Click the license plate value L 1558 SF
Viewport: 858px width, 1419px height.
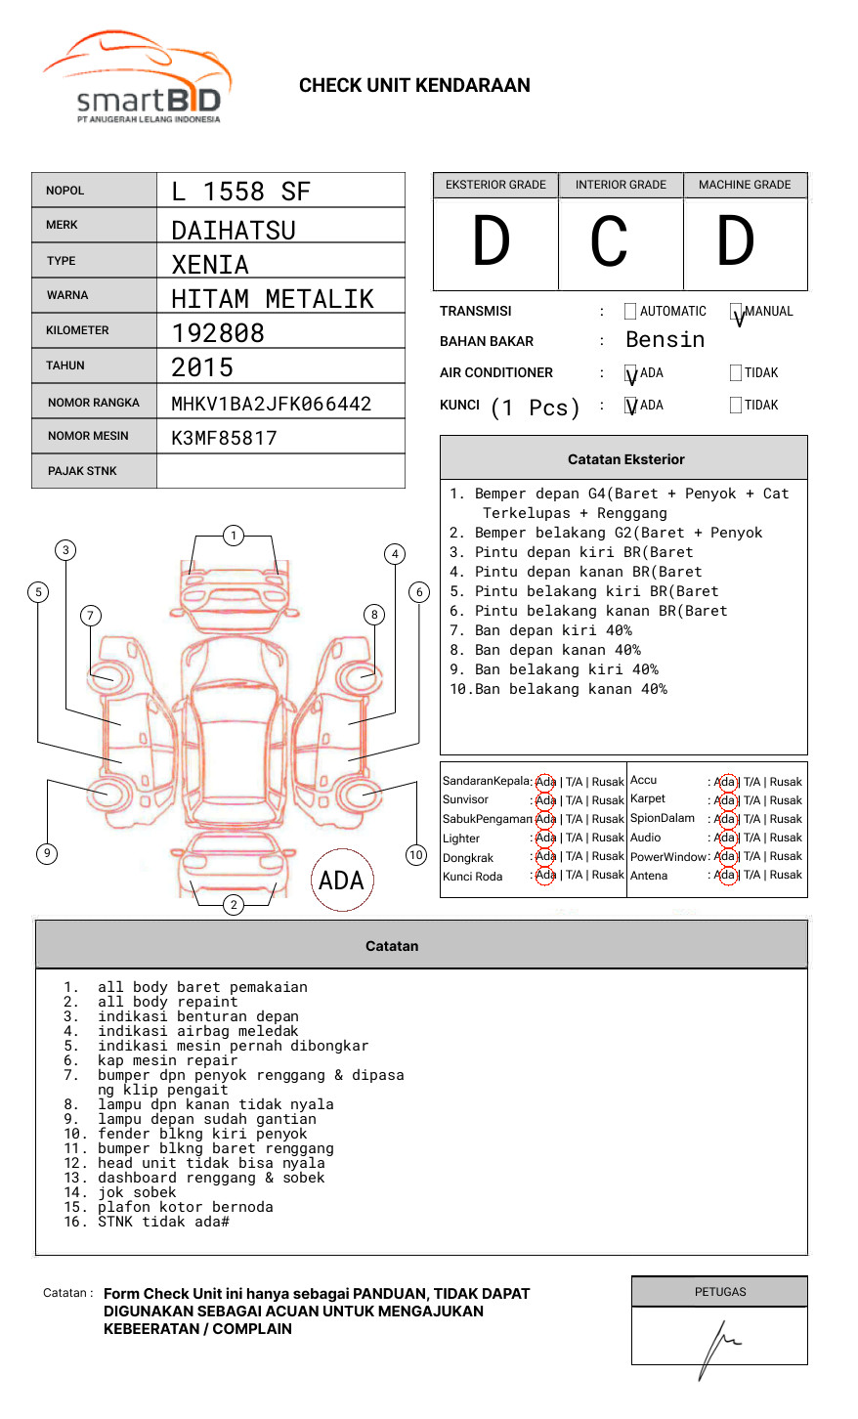point(240,192)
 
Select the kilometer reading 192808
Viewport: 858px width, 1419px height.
point(218,333)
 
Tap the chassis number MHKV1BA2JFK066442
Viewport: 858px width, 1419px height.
point(271,404)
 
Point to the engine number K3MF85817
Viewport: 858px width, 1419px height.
point(224,438)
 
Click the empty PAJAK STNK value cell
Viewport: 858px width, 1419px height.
point(280,471)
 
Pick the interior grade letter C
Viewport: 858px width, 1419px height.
point(609,241)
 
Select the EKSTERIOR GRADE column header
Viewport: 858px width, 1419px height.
point(495,185)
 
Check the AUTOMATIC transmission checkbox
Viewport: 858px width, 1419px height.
point(630,312)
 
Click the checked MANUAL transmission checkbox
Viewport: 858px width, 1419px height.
point(736,312)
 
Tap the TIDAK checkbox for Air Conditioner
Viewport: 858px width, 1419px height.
point(736,373)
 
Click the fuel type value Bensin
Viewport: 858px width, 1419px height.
point(665,340)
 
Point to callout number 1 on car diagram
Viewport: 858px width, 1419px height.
point(233,536)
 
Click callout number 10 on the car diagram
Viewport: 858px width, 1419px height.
point(416,855)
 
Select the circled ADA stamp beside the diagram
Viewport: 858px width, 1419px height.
point(341,881)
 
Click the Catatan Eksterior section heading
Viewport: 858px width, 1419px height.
point(625,459)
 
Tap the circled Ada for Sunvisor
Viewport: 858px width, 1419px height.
point(545,800)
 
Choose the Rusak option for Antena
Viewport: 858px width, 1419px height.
point(786,876)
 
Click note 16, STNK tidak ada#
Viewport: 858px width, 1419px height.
point(147,1222)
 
